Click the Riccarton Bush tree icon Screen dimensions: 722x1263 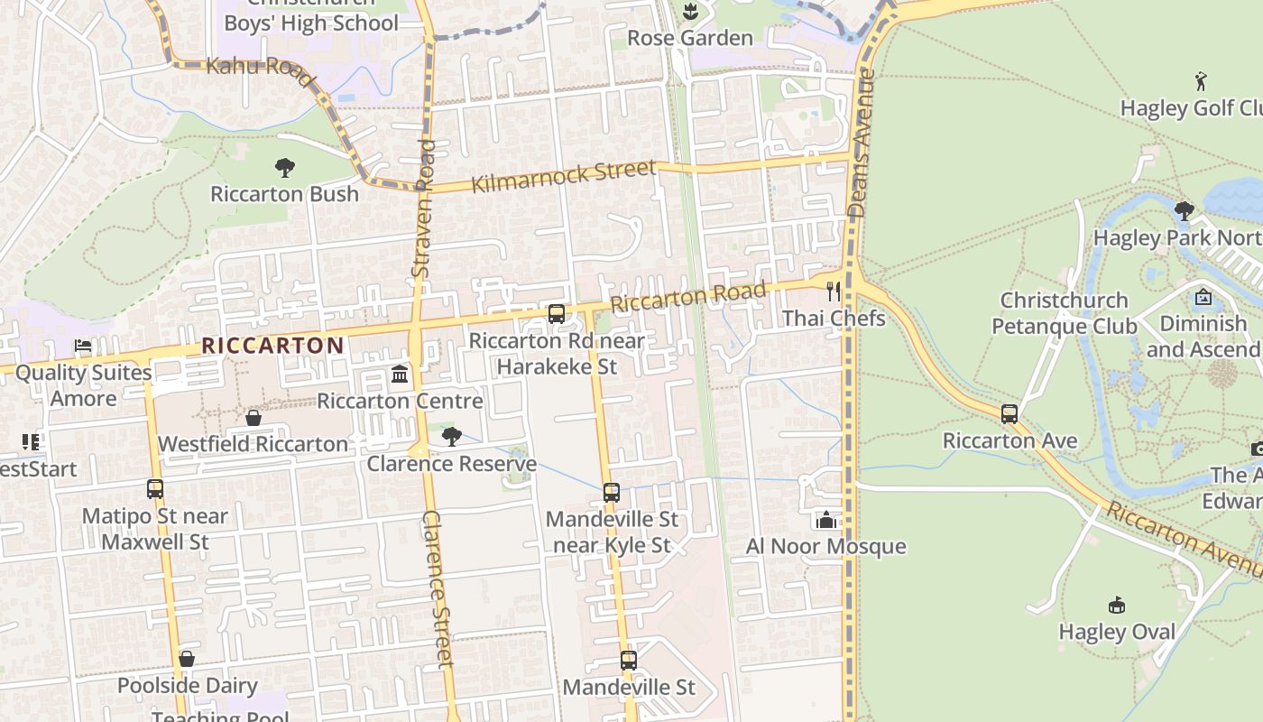click(285, 168)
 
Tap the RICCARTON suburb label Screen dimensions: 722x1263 click(272, 346)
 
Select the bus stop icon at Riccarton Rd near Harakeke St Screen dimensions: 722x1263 click(557, 314)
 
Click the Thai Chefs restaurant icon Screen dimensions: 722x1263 click(834, 292)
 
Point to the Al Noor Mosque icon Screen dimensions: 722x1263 click(825, 520)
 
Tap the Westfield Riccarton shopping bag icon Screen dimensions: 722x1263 click(254, 418)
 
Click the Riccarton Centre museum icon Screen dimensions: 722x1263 click(400, 374)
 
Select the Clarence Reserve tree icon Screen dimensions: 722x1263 click(451, 437)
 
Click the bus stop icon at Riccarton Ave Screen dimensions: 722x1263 click(1009, 414)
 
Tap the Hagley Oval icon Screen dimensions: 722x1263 click(1117, 605)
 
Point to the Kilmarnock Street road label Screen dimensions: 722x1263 click(564, 176)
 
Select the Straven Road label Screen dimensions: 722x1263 click(422, 208)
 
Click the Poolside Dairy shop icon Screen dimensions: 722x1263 click(187, 659)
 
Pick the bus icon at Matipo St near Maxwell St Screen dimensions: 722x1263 click(155, 489)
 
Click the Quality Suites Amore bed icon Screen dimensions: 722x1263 click(83, 346)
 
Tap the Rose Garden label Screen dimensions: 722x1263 click(690, 38)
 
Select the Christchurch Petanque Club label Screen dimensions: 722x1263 click(1064, 312)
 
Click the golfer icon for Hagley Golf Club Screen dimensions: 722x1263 click(1201, 82)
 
